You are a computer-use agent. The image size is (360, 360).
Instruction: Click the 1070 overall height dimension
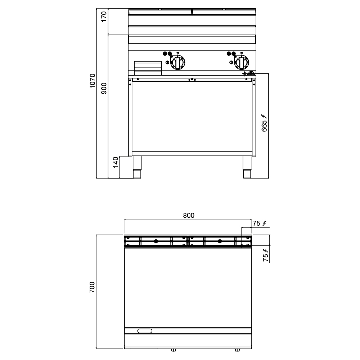[92, 81]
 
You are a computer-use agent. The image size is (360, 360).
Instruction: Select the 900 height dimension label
[104, 89]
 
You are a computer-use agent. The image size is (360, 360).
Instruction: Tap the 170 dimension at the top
[104, 17]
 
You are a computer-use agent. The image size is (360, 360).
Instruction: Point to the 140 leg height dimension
[116, 162]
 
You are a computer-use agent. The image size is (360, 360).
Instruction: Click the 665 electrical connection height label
[264, 126]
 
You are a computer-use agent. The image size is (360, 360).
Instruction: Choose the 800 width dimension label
[189, 215]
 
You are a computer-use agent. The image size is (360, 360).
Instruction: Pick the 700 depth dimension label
[92, 287]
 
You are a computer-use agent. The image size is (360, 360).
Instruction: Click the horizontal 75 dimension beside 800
[256, 223]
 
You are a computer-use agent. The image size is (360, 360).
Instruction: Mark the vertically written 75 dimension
[266, 258]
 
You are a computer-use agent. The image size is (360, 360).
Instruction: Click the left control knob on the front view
[178, 62]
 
